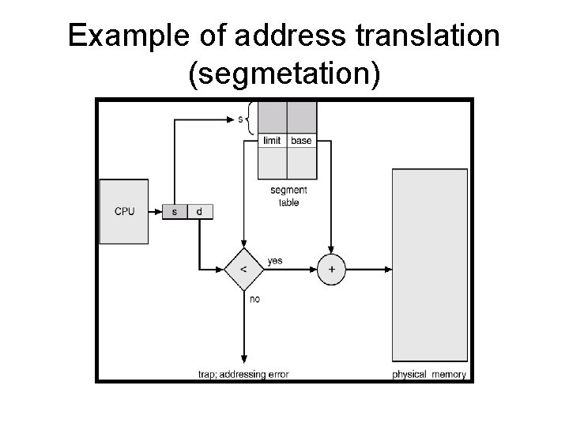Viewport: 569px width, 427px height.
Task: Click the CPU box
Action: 123,211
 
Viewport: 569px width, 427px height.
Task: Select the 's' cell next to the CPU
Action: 175,211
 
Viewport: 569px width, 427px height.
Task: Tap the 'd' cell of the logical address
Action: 199,211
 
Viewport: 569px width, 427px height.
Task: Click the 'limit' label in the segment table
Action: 273,141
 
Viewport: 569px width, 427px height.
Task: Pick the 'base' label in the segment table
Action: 301,141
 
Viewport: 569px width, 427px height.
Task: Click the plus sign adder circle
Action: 331,270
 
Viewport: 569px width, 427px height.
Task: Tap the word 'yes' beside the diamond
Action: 275,261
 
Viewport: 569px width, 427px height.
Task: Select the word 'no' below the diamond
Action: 254,300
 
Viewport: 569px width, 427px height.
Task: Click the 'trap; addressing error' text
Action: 244,374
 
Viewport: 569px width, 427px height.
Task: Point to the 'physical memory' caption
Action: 429,374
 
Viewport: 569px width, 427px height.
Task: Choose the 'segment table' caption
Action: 288,196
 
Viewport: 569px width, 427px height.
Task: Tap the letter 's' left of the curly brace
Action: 240,120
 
